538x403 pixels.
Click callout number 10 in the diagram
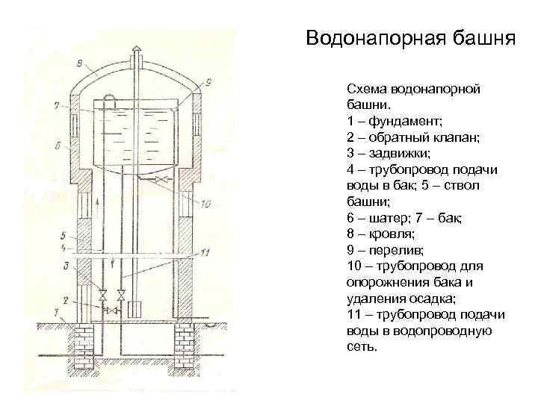[x=206, y=203]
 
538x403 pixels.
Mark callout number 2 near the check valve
[x=66, y=301]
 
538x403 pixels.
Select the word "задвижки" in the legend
[x=393, y=154]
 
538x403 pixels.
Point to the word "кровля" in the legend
[x=392, y=234]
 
